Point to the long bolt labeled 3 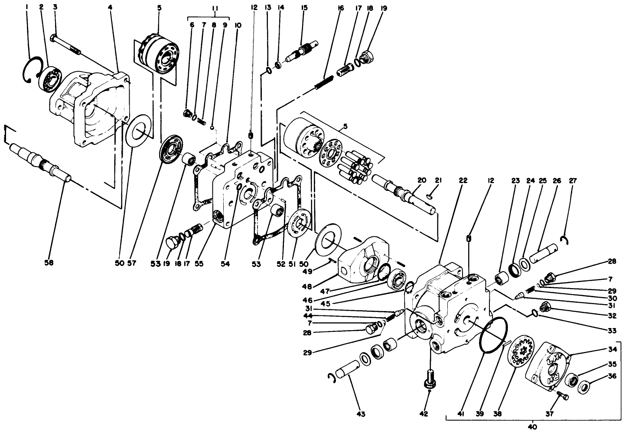pos(110,7)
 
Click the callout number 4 pos(110,7)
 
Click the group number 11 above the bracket pos(202,7)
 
